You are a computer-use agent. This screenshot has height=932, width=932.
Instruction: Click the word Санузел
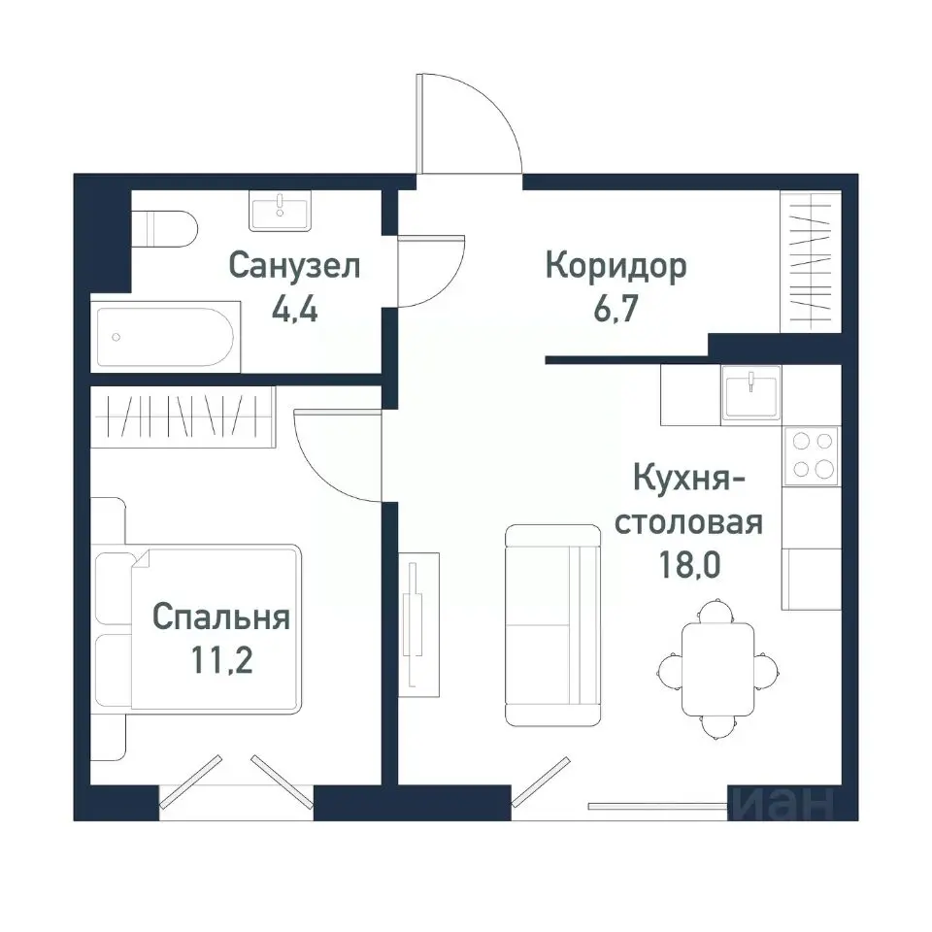coord(295,265)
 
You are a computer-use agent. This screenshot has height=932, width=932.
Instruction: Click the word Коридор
coord(616,265)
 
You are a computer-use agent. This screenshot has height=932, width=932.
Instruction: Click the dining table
coord(716,668)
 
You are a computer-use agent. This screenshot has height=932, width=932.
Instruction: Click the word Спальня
coord(221,617)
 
